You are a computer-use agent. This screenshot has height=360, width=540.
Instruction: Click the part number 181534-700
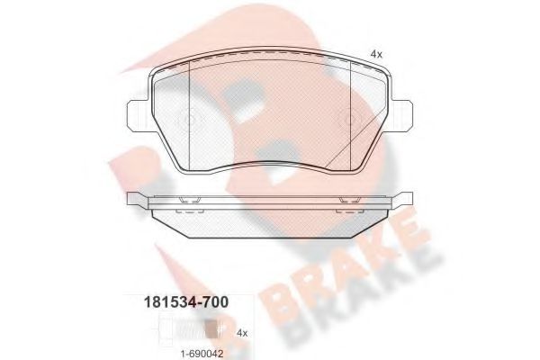[x=186, y=302]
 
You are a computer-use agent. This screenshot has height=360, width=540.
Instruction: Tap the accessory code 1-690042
[x=202, y=353]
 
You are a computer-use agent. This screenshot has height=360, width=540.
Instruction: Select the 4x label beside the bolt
[x=242, y=333]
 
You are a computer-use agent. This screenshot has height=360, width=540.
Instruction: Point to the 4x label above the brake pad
[x=376, y=54]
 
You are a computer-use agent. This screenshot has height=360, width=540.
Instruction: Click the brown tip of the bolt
[x=211, y=328]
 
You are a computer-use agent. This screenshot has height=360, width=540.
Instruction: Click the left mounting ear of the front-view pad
[x=139, y=115]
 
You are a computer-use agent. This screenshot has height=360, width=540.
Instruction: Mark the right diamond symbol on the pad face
[x=350, y=120]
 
